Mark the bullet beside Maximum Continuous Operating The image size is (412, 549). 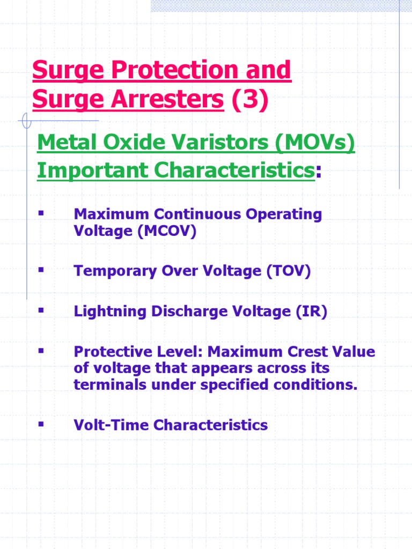click(x=40, y=213)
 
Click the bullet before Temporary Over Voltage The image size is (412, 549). click(x=40, y=270)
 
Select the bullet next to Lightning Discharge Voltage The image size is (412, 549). click(x=40, y=311)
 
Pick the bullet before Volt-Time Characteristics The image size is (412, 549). click(x=40, y=424)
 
